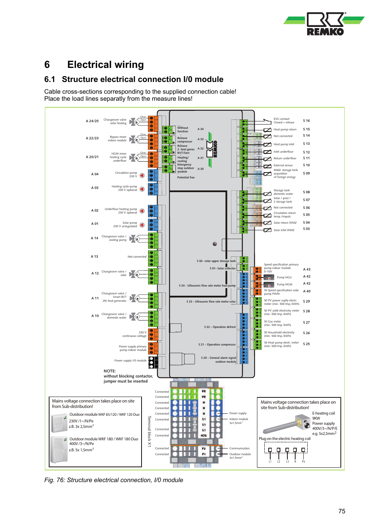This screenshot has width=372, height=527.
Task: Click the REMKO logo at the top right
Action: [324, 24]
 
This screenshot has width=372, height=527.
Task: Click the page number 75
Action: [342, 511]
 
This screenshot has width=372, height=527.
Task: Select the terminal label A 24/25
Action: [92, 121]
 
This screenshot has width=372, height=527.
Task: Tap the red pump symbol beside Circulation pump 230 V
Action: [142, 176]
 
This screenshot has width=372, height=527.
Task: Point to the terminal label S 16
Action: [306, 121]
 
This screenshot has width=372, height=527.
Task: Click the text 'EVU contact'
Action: [281, 119]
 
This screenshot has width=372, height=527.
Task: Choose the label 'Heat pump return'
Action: [285, 129]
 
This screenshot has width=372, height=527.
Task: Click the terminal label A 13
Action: [94, 256]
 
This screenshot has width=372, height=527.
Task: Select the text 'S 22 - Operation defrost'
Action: [220, 327]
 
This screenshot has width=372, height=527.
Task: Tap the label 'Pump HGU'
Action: [284, 277]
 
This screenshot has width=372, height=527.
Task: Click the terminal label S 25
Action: [306, 344]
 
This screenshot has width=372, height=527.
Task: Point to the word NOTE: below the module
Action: [110, 371]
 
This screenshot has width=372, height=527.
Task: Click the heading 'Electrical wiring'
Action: [105, 64]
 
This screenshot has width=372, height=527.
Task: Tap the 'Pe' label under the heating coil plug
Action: [303, 461]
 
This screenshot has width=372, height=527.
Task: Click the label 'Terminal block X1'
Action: [149, 431]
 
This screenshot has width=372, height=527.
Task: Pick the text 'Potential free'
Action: [186, 177]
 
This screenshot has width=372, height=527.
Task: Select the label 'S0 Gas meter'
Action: [273, 322]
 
